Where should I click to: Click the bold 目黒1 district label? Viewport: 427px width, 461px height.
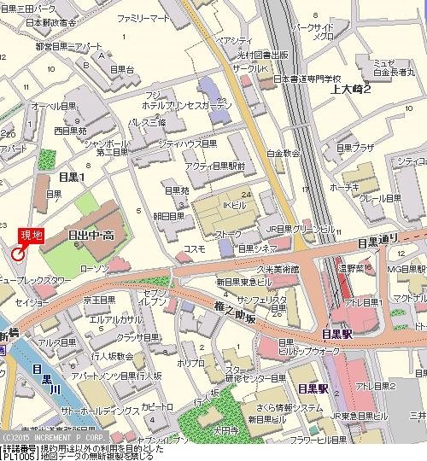(x=72, y=176)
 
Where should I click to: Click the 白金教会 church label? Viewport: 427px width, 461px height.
(x=283, y=154)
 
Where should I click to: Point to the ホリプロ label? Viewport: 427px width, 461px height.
(x=187, y=363)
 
